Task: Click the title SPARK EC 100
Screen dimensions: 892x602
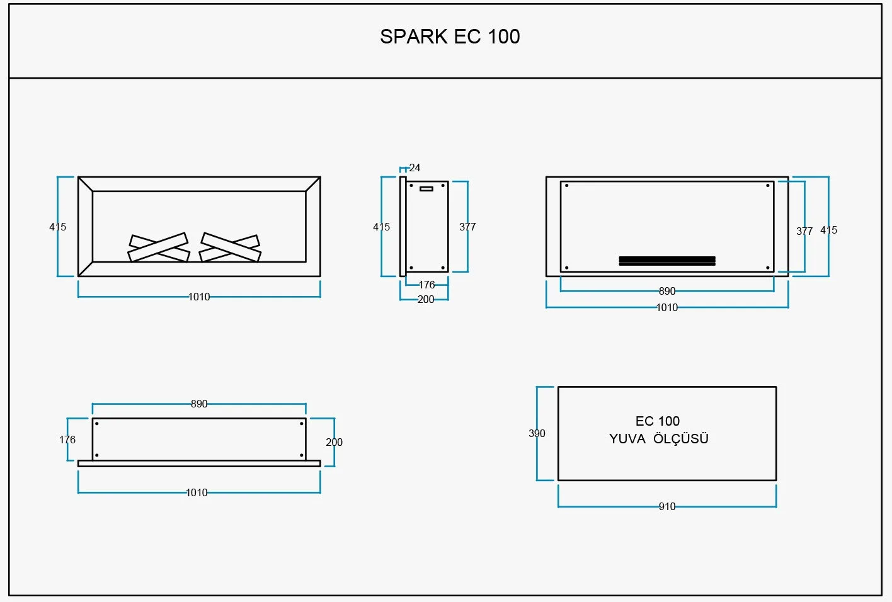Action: [x=450, y=37]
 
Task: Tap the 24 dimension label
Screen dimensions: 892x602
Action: [x=415, y=168]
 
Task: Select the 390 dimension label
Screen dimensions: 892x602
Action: [x=537, y=433]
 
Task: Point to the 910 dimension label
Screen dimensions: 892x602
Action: [x=667, y=506]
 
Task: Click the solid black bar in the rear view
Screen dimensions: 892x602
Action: [x=667, y=261]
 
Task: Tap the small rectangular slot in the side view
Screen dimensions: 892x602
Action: [x=426, y=189]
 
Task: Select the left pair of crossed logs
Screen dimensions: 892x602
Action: [x=159, y=247]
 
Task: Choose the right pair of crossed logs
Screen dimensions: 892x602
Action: [x=230, y=247]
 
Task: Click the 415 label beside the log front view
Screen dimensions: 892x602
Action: [x=58, y=227]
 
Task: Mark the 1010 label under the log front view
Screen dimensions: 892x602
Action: [x=198, y=297]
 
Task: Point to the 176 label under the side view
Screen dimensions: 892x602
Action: [x=427, y=285]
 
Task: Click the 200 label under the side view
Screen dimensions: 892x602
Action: [x=426, y=299]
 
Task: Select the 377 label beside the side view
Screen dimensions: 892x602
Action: [x=467, y=227]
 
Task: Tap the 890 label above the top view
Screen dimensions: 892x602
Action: [x=199, y=404]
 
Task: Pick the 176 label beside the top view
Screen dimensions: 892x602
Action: [x=67, y=440]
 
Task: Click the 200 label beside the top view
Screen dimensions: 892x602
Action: [x=334, y=442]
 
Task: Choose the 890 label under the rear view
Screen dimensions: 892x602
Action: [x=667, y=291]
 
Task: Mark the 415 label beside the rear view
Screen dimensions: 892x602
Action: [x=828, y=230]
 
